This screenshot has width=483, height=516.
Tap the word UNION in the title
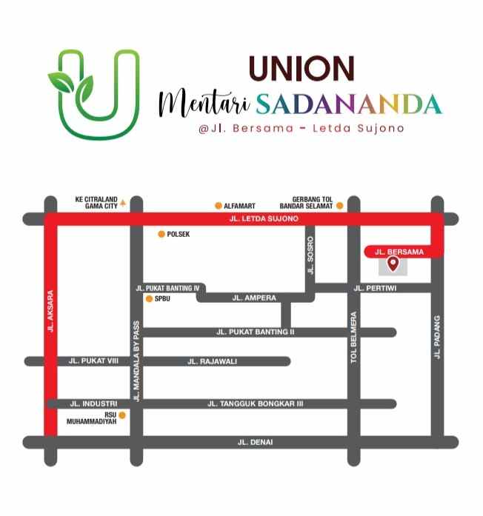pos(302,69)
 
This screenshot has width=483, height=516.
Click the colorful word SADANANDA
pos(349,104)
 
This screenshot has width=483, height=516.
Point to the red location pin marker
pos(393,263)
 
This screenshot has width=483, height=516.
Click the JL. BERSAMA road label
pos(399,252)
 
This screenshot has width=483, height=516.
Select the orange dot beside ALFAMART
pos(218,205)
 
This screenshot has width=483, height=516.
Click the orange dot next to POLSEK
pos(161,235)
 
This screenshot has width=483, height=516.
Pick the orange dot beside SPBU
pos(149,299)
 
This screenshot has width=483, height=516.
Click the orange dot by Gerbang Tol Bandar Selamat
pos(339,205)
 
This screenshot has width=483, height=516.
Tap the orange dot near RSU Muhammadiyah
pos(122,415)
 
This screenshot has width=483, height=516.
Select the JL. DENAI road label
pos(255,442)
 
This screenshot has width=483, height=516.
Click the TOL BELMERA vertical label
pos(354,338)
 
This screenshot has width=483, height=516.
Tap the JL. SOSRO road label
pos(310,256)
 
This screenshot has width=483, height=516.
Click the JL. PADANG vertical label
pos(437,337)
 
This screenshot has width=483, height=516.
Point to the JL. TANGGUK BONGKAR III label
pos(255,403)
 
